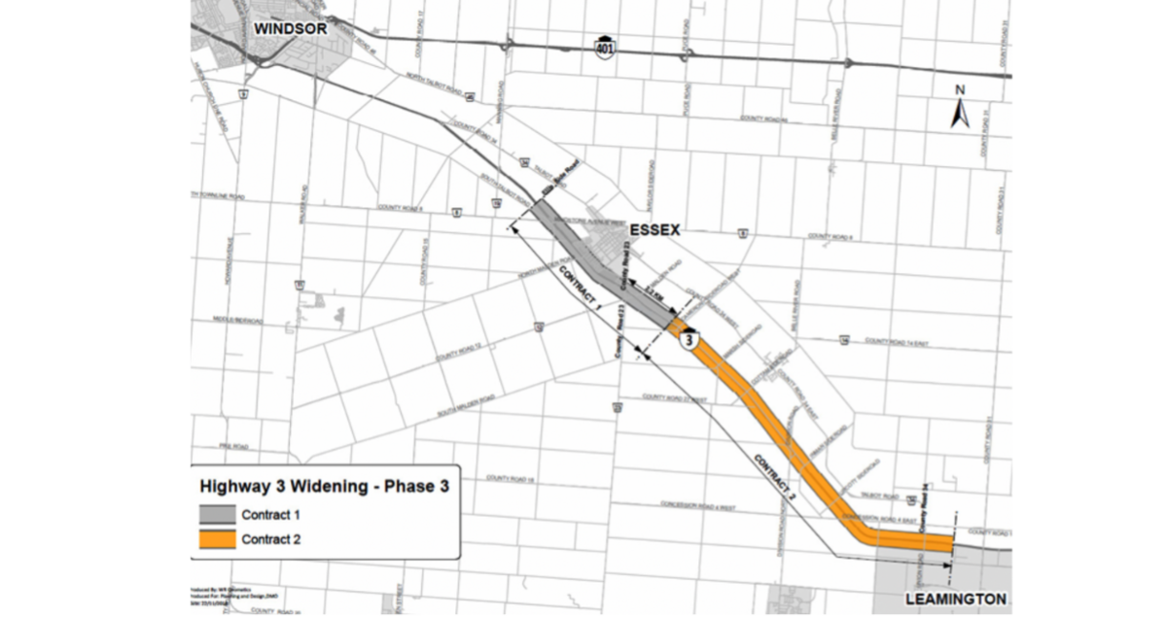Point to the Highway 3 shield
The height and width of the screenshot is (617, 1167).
coord(690,341)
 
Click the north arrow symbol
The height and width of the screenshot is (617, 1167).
coord(959,110)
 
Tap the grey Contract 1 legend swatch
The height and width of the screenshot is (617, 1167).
coord(218,514)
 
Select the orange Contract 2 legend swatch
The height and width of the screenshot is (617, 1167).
coord(218,540)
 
